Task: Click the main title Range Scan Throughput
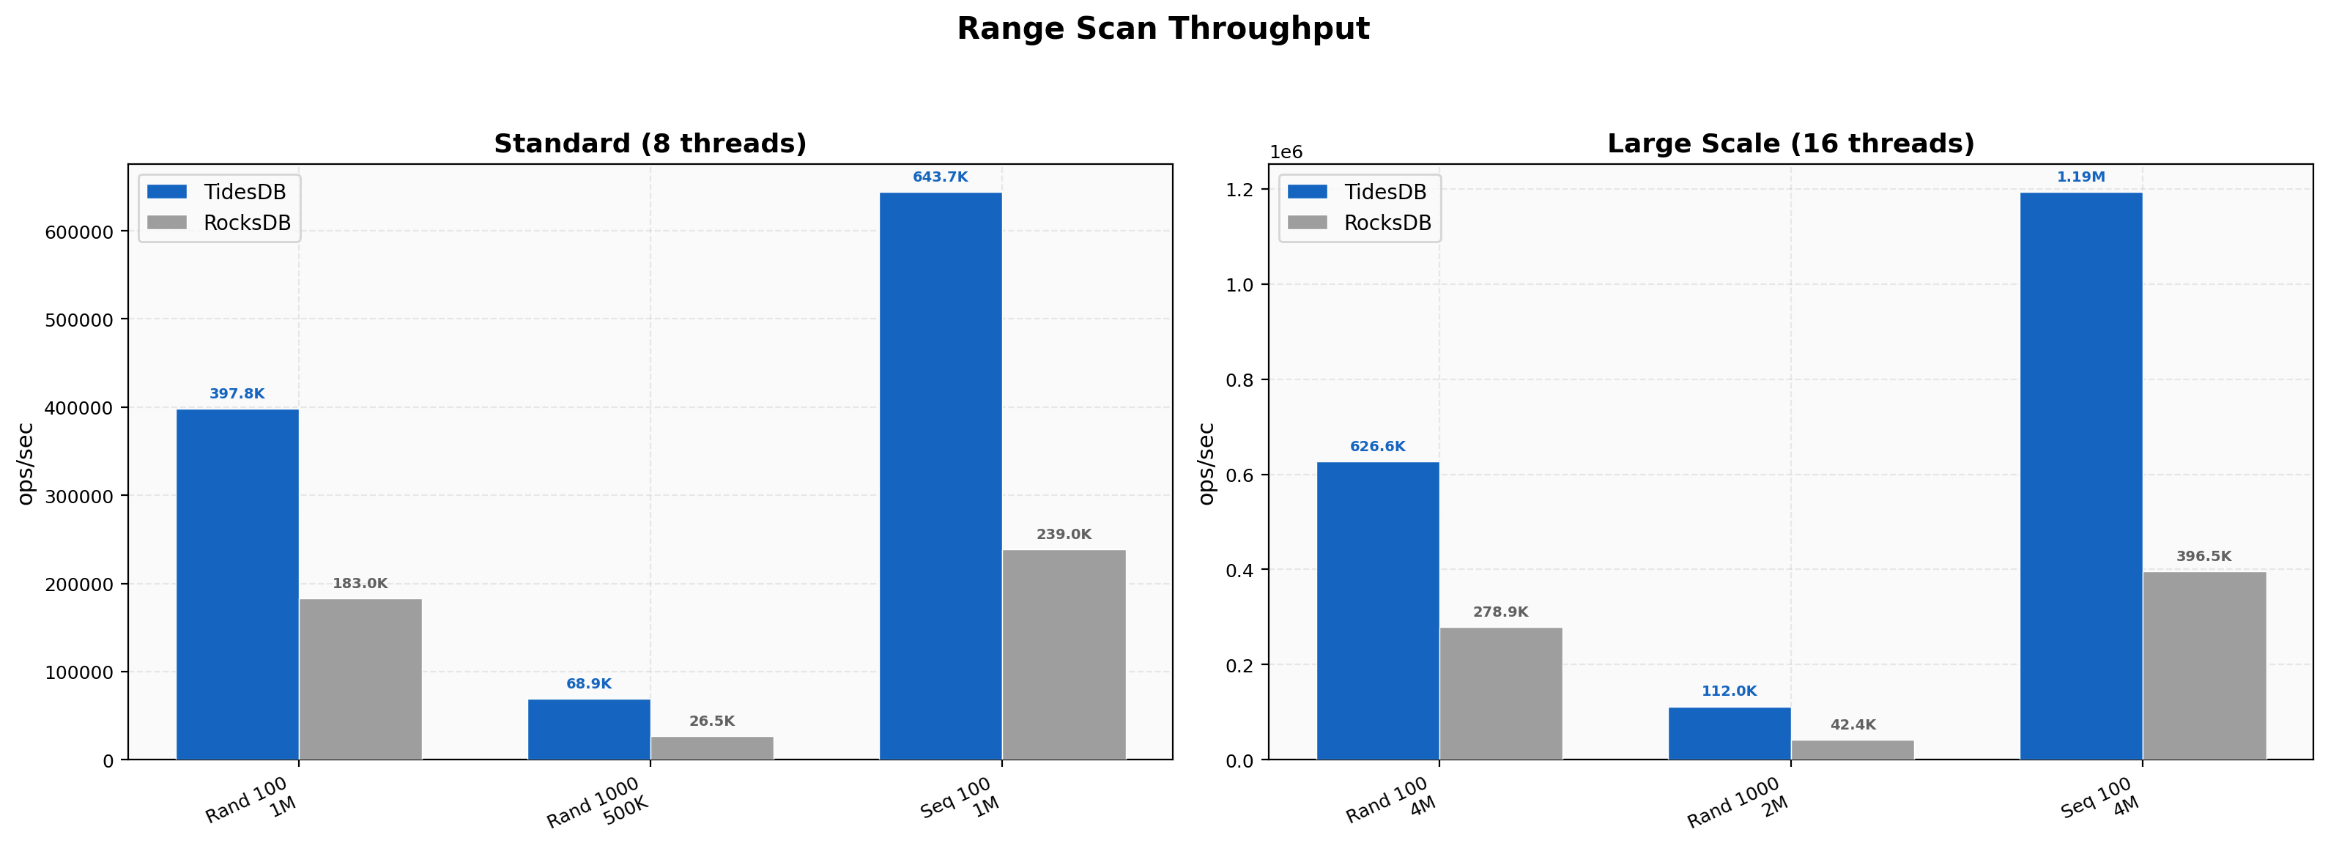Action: pos(1163,29)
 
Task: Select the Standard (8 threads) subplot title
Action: pos(650,144)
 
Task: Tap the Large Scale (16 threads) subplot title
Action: pos(1790,144)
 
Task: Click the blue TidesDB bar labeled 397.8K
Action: pos(237,584)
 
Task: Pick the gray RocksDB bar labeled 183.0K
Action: pos(360,679)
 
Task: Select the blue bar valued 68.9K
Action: pos(589,730)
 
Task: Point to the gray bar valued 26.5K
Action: pos(712,749)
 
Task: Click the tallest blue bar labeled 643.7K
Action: pos(941,475)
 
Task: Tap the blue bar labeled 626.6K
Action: pos(1377,611)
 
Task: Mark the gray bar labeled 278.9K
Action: pos(1500,694)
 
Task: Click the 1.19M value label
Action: pos(2080,177)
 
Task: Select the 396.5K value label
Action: pos(2203,557)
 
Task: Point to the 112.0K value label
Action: pos(1729,691)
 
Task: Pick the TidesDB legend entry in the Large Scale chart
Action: pos(1357,192)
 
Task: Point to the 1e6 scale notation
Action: pos(1286,152)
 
